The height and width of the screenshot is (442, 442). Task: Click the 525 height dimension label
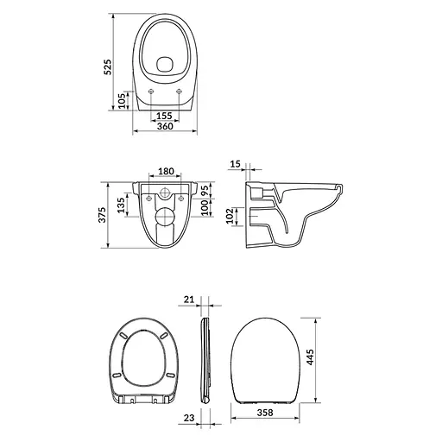point(108,70)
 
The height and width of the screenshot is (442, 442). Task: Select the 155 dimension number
point(166,116)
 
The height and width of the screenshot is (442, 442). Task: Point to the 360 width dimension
point(166,127)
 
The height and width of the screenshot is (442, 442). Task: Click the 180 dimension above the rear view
point(167,172)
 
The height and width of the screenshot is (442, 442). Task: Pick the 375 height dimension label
point(103,213)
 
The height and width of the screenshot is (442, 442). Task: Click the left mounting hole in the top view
point(152,92)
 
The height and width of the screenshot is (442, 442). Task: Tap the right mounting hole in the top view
point(180,92)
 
